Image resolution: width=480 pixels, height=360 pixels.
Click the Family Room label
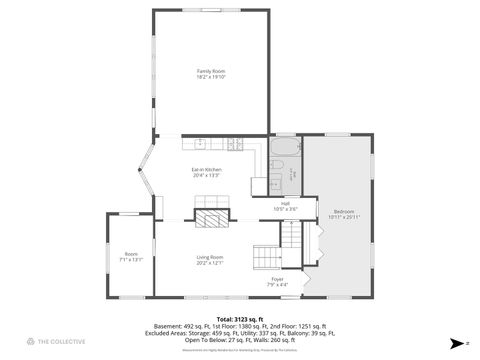(210, 71)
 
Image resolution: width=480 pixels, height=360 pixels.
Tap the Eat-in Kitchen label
(207, 169)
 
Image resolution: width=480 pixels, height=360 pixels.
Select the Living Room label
(209, 257)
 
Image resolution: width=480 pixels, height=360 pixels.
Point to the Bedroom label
(344, 211)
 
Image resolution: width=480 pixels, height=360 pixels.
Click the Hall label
(285, 203)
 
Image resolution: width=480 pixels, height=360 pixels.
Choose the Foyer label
(277, 279)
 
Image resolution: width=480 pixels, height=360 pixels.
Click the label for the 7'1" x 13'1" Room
(131, 253)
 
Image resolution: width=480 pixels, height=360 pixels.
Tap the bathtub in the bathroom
(281, 155)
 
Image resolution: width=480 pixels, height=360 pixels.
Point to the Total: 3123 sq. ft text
(239, 318)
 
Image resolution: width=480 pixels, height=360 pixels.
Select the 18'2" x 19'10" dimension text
(210, 77)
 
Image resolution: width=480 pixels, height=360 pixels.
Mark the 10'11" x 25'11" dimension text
(344, 217)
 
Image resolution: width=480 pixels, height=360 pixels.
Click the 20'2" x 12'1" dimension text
(209, 263)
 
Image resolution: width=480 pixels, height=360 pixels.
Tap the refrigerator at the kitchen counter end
(258, 183)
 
